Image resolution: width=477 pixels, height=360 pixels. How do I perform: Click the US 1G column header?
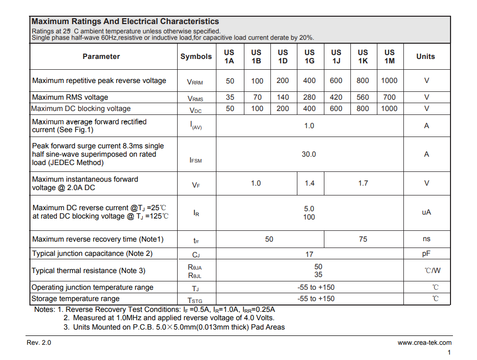[x=309, y=56]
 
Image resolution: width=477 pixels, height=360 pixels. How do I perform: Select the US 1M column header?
[x=389, y=56]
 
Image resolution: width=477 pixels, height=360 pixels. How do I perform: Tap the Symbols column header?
[x=196, y=56]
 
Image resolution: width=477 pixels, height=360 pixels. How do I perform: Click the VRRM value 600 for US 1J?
[x=336, y=81]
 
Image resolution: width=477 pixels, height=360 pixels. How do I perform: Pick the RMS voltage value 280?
[x=309, y=97]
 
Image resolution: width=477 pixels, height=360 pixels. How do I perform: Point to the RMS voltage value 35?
[x=230, y=97]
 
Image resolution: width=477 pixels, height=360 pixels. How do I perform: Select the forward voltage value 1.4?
[x=309, y=183]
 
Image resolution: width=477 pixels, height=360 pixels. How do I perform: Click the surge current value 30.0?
[x=309, y=154]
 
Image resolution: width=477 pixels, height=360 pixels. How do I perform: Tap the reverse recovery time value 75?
[x=363, y=239]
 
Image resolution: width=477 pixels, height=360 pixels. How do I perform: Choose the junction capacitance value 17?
[x=309, y=254]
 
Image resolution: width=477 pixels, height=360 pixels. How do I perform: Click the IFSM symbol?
[x=195, y=160]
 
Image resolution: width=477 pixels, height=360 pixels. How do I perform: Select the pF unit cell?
[x=426, y=254]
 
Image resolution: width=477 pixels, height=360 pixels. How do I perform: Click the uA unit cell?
[x=426, y=213]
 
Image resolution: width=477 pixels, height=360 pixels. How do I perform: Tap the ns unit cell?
[x=426, y=239]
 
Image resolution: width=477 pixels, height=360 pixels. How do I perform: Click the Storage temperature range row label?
[x=76, y=299]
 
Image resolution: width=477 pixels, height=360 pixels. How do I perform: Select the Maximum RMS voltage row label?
[x=70, y=97]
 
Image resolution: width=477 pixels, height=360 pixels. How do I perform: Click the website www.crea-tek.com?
[x=424, y=343]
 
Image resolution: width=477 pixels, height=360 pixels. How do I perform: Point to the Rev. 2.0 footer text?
[x=39, y=343]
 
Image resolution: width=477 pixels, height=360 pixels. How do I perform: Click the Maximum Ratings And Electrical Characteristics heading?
[x=125, y=22]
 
